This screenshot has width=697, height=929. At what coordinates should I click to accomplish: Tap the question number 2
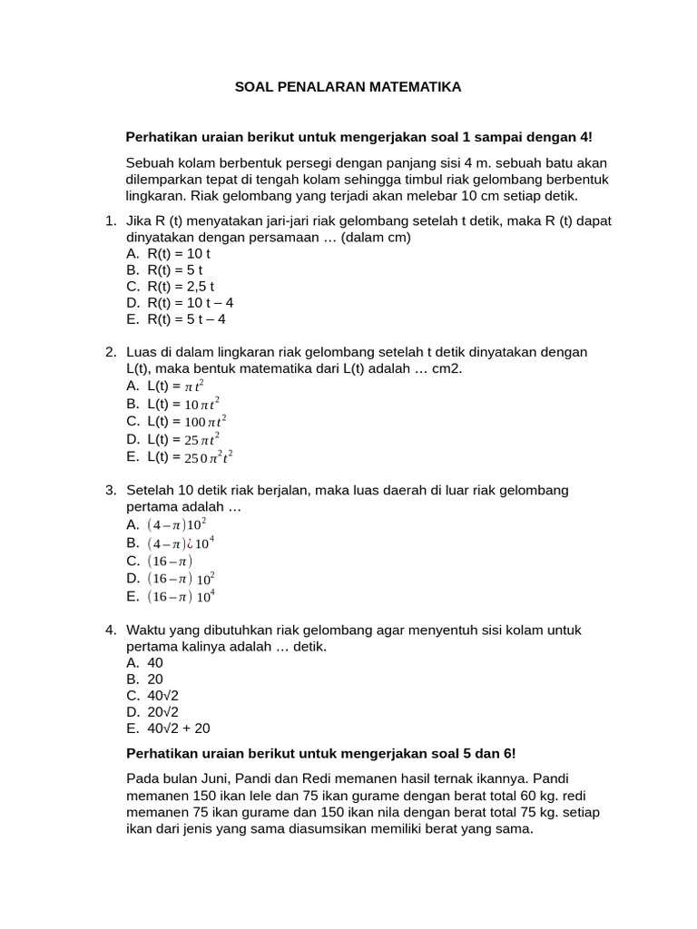110,352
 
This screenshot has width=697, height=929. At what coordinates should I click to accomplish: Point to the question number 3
110,490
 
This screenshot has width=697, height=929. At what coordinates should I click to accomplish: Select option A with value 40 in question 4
154,662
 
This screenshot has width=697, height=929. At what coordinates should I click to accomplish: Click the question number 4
110,630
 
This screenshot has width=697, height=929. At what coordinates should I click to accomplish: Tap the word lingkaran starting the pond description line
155,196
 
